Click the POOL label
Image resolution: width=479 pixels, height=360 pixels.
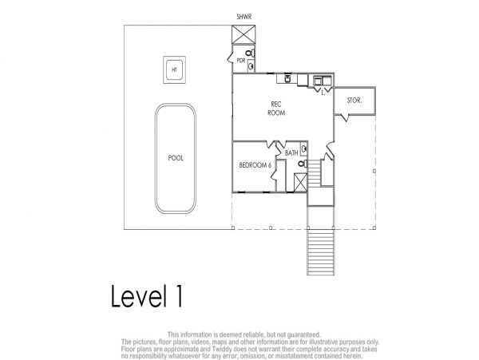(x=176, y=158)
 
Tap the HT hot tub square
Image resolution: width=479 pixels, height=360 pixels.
(x=174, y=69)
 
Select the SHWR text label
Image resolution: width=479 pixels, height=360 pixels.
(x=244, y=17)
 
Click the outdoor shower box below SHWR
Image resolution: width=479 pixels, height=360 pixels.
(x=243, y=35)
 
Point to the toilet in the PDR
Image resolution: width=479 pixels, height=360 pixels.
(x=250, y=53)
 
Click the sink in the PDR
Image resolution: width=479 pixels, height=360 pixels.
(x=251, y=65)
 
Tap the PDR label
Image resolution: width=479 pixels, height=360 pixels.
(x=241, y=61)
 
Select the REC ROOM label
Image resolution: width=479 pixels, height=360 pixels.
(x=276, y=109)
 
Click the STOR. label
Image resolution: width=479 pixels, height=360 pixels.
(x=354, y=100)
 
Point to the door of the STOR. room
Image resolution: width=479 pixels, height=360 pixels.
(x=344, y=117)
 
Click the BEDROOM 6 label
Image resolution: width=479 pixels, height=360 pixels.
(x=255, y=165)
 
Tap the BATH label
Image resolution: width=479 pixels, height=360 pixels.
(x=291, y=152)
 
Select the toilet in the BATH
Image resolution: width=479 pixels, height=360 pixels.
(x=303, y=164)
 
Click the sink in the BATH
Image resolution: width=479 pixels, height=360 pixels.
(x=304, y=149)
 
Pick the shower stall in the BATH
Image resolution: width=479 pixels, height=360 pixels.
(x=300, y=182)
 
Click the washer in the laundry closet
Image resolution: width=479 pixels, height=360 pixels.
(x=318, y=81)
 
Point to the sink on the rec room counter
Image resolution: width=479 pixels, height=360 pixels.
(x=287, y=79)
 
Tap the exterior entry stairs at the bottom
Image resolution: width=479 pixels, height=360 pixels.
(x=320, y=252)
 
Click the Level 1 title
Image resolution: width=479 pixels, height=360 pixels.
(x=147, y=296)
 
